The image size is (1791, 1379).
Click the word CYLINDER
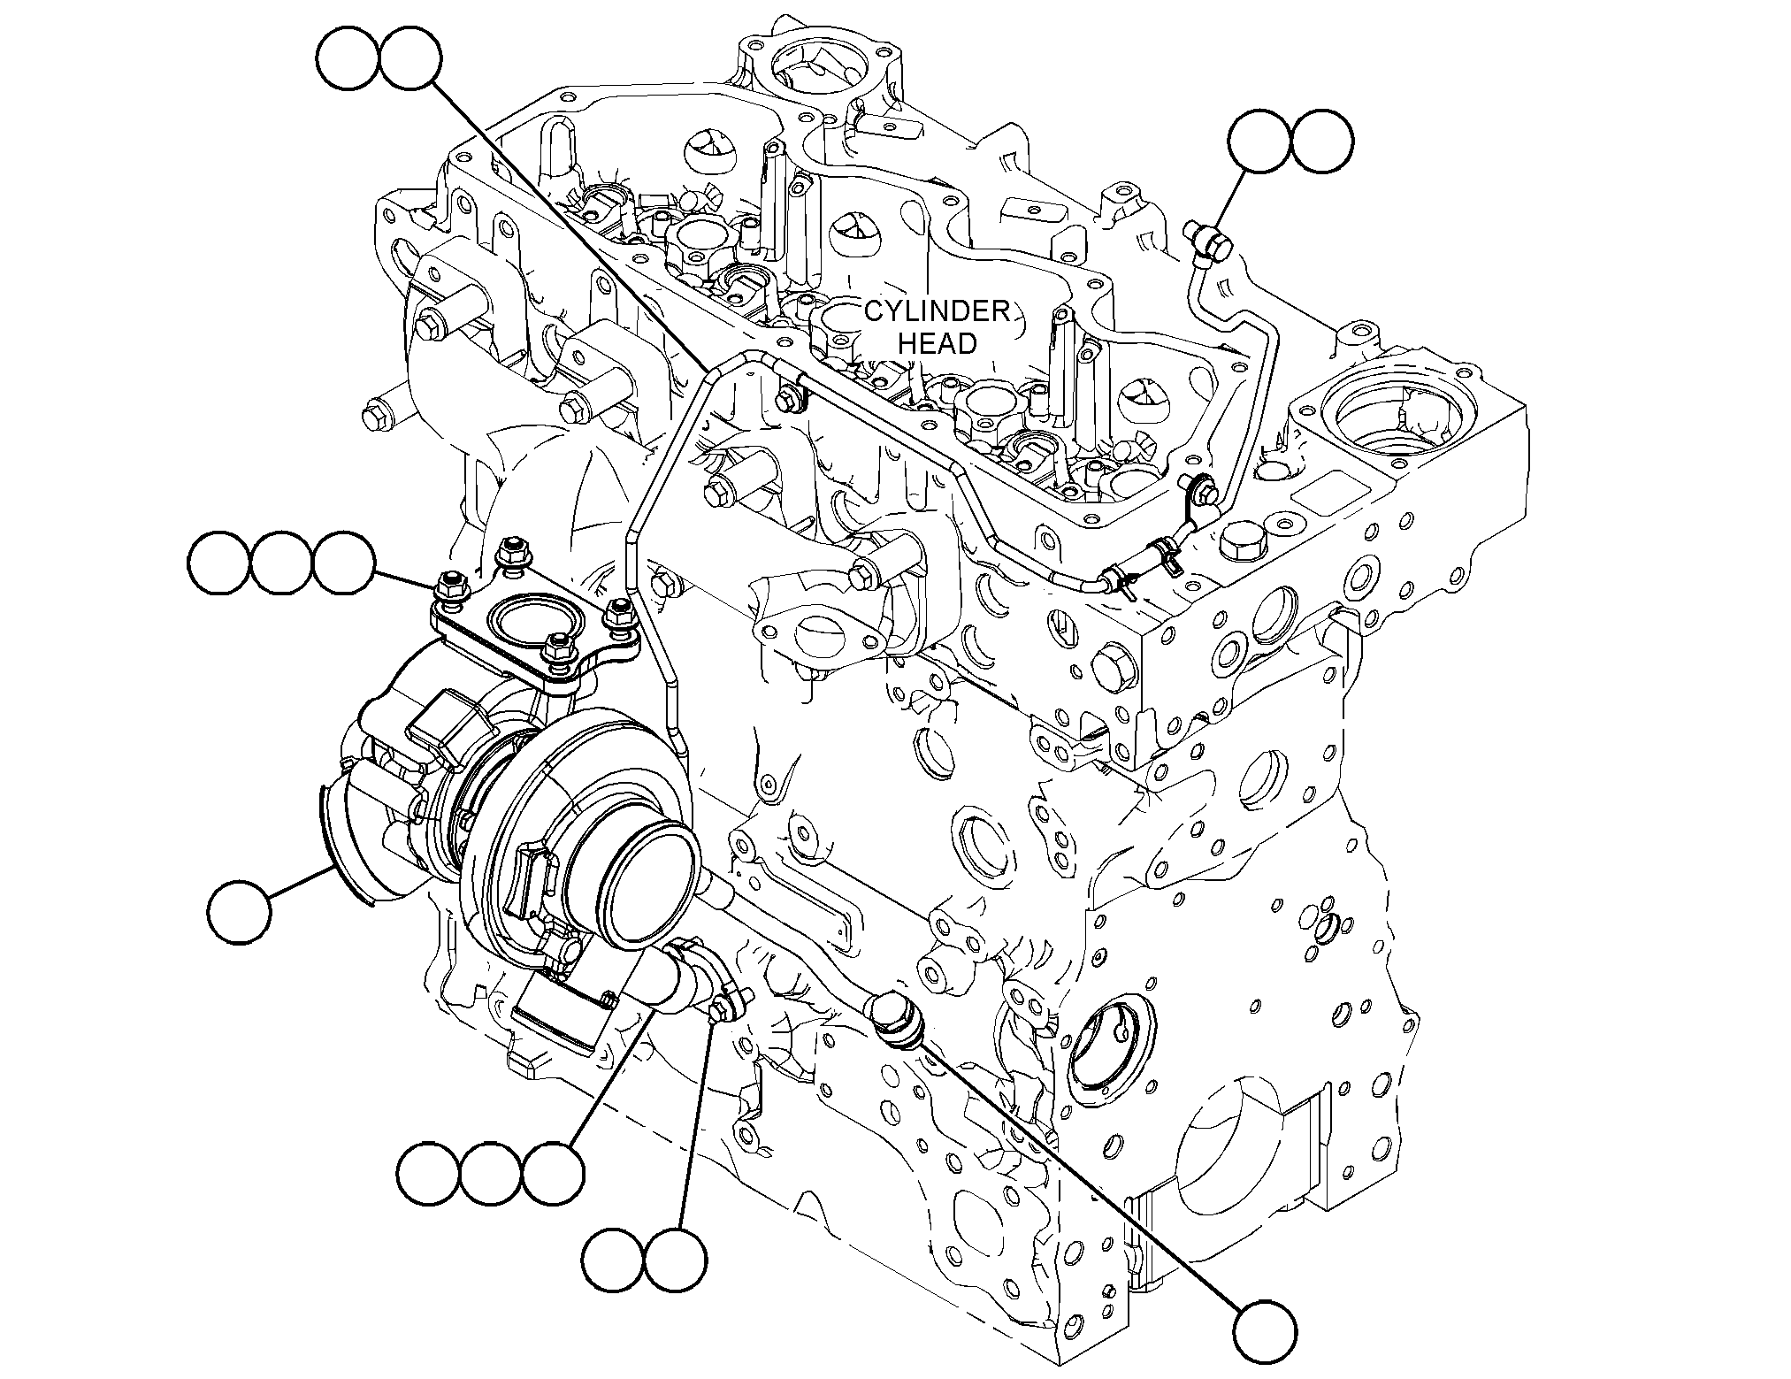click(937, 312)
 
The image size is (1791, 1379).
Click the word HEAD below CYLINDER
click(938, 343)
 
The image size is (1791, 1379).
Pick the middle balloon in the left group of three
click(281, 563)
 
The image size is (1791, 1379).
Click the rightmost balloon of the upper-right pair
click(1321, 142)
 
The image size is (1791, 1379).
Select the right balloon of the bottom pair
click(676, 1259)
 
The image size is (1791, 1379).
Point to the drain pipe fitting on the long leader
click(896, 1018)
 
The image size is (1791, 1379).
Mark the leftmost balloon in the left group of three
click(219, 563)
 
